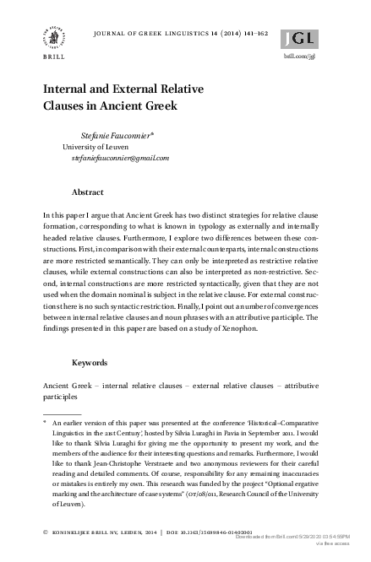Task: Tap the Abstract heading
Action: point(88,192)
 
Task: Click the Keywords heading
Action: point(90,362)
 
